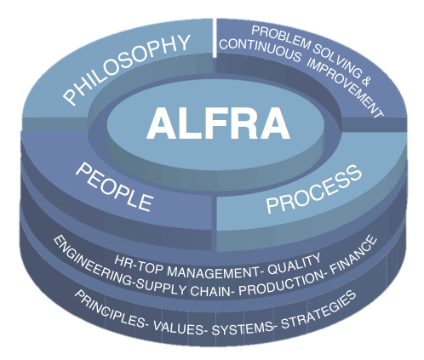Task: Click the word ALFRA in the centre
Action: pyautogui.click(x=218, y=123)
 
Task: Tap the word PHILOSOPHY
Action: pyautogui.click(x=127, y=69)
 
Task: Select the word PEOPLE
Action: pyautogui.click(x=114, y=187)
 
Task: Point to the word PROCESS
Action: pyautogui.click(x=314, y=189)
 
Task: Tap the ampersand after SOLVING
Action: pyautogui.click(x=366, y=81)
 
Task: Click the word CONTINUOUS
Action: pyautogui.click(x=260, y=50)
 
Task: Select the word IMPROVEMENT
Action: pyautogui.click(x=346, y=88)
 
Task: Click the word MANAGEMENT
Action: pyautogui.click(x=213, y=271)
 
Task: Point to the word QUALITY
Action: pyautogui.click(x=295, y=265)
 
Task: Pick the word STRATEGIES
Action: pyautogui.click(x=318, y=310)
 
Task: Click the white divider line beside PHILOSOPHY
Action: pyautogui.click(x=215, y=37)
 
